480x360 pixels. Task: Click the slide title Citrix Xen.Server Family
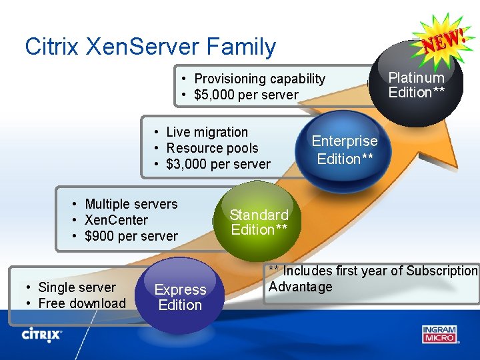point(150,47)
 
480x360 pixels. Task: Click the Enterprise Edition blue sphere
point(344,149)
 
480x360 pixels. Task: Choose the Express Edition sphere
point(179,297)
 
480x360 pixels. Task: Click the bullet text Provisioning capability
point(259,79)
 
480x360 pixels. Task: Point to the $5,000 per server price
point(246,95)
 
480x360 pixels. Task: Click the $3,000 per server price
point(218,164)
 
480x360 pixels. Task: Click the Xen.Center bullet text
point(116,220)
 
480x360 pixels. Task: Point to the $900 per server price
point(131,236)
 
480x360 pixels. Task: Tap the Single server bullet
point(77,287)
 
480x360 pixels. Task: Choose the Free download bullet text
point(81,303)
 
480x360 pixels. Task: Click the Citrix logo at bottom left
point(42,333)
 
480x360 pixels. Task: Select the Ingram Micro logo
point(440,333)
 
